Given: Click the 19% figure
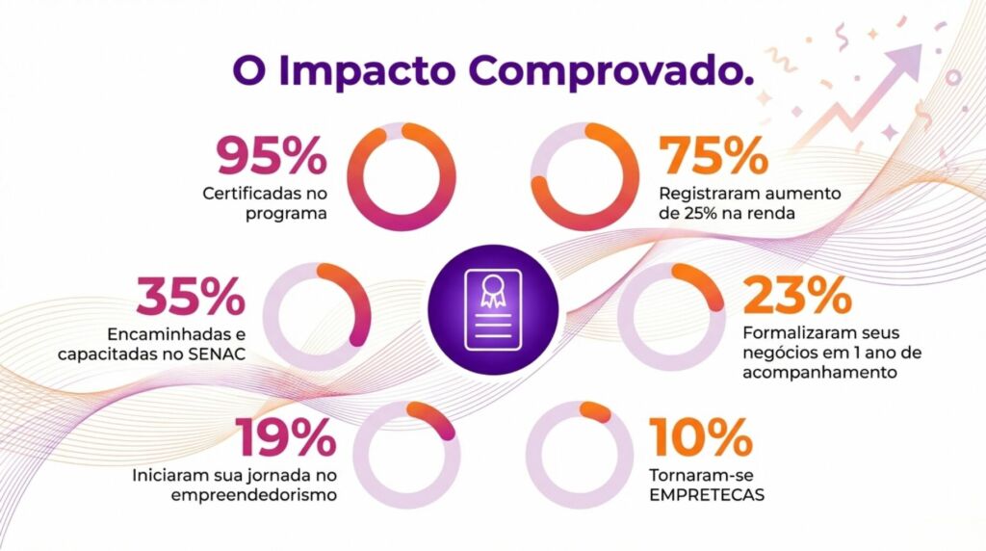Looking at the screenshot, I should [x=285, y=439].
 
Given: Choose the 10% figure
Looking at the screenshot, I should [x=701, y=438].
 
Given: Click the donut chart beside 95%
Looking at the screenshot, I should [x=401, y=176].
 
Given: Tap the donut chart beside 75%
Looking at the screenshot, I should [x=584, y=176].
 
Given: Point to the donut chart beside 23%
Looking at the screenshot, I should [x=671, y=316].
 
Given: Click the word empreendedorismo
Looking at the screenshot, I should [x=253, y=496].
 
